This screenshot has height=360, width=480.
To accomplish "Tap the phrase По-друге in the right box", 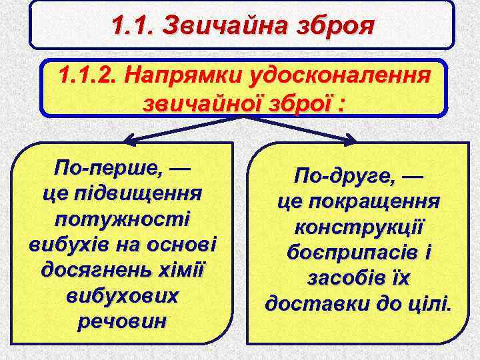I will tap(347, 177).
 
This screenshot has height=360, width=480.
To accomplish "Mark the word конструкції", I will tap(359, 227).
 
